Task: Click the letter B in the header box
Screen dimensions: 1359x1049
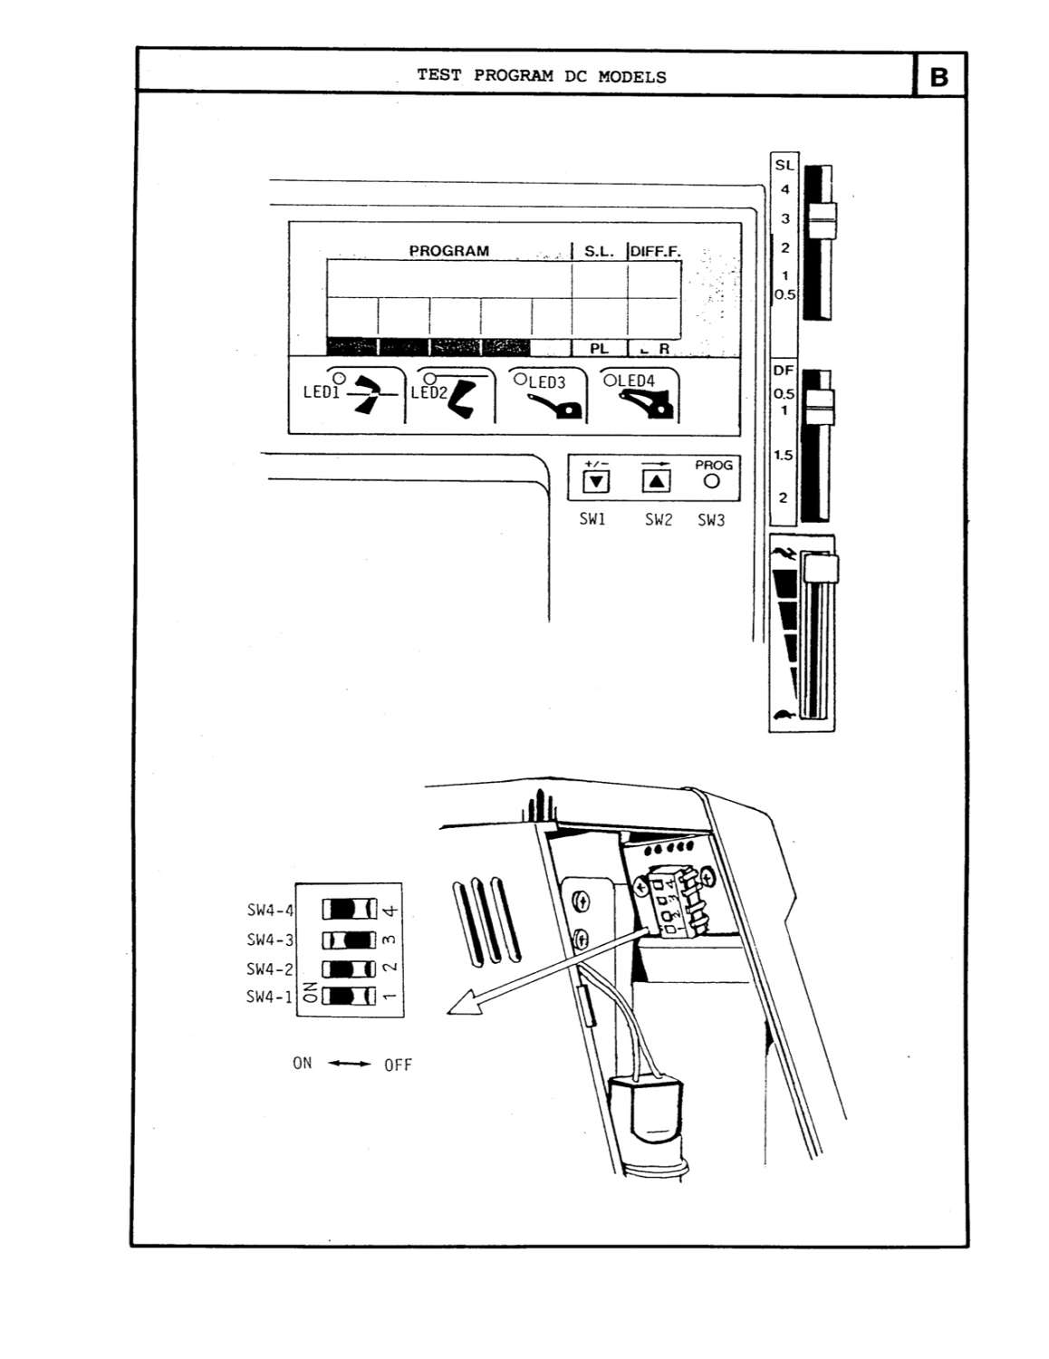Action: point(939,77)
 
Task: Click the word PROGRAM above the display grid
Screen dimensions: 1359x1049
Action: point(448,251)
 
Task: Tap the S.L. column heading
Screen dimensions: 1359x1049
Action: point(599,252)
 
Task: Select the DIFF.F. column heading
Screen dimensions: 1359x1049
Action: point(654,252)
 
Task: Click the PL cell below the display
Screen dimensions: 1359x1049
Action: point(599,349)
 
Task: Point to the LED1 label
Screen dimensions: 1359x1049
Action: point(321,393)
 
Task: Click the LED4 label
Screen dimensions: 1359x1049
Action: point(635,381)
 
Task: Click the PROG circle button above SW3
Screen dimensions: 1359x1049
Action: point(712,482)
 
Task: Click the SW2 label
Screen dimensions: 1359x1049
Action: point(659,520)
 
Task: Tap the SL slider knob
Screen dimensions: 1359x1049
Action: point(822,217)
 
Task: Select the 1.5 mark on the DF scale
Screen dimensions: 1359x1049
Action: point(783,456)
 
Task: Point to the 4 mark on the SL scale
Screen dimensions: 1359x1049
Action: point(784,189)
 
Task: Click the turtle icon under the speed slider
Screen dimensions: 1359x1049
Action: point(784,717)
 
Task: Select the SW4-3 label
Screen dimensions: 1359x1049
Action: point(270,940)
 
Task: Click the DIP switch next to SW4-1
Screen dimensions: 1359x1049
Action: point(349,997)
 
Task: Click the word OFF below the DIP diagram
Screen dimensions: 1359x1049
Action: point(398,1065)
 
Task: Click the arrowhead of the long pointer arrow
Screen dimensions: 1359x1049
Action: point(462,1005)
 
